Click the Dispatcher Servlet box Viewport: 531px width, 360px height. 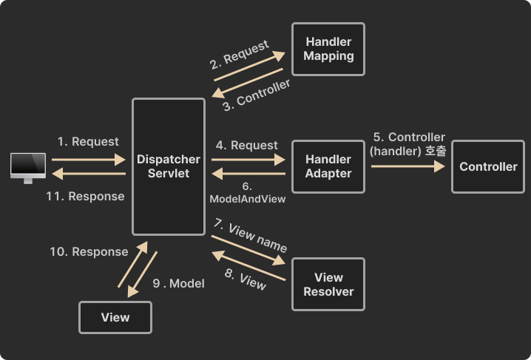pos(168,166)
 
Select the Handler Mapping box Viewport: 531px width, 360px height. pos(328,49)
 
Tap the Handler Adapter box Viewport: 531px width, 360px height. pos(328,166)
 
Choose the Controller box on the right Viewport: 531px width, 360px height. pos(488,166)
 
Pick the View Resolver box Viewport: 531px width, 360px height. pos(328,285)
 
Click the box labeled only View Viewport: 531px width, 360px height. pos(115,317)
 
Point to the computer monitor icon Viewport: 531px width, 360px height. pos(28,168)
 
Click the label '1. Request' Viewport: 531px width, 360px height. pos(88,141)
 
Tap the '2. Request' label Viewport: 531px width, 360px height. pos(240,55)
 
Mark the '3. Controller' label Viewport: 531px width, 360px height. pos(257,95)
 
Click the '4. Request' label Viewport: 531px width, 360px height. pos(247,146)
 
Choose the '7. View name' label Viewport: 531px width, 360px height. pos(250,235)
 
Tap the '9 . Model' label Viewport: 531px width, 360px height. pos(178,283)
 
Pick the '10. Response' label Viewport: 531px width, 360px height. pos(89,251)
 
